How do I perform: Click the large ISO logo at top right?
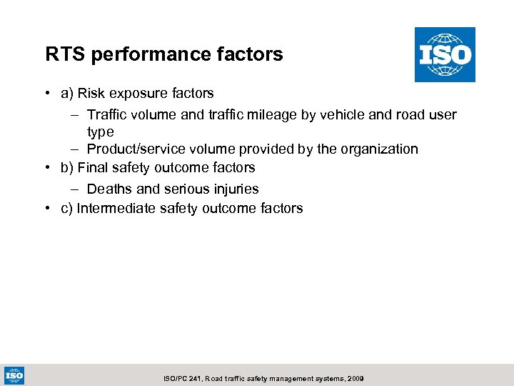pyautogui.click(x=445, y=54)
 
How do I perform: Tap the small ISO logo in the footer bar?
pyautogui.click(x=14, y=375)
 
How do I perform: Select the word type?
pyautogui.click(x=101, y=132)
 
